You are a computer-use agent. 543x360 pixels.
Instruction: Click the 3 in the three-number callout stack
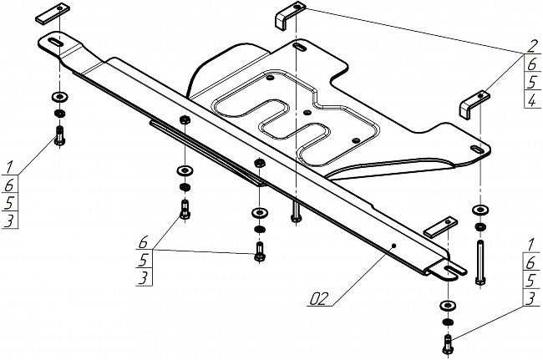click(144, 277)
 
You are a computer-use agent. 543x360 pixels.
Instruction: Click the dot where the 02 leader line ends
click(394, 246)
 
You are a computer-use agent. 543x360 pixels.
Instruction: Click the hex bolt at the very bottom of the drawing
click(448, 342)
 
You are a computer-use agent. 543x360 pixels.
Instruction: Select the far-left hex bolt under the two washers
click(59, 135)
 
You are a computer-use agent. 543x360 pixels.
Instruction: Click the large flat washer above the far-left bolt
click(59, 96)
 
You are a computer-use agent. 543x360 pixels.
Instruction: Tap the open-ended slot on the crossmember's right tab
click(452, 270)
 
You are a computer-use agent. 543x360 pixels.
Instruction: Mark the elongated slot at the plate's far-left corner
click(53, 43)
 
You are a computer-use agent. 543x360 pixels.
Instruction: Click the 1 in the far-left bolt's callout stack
click(10, 166)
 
